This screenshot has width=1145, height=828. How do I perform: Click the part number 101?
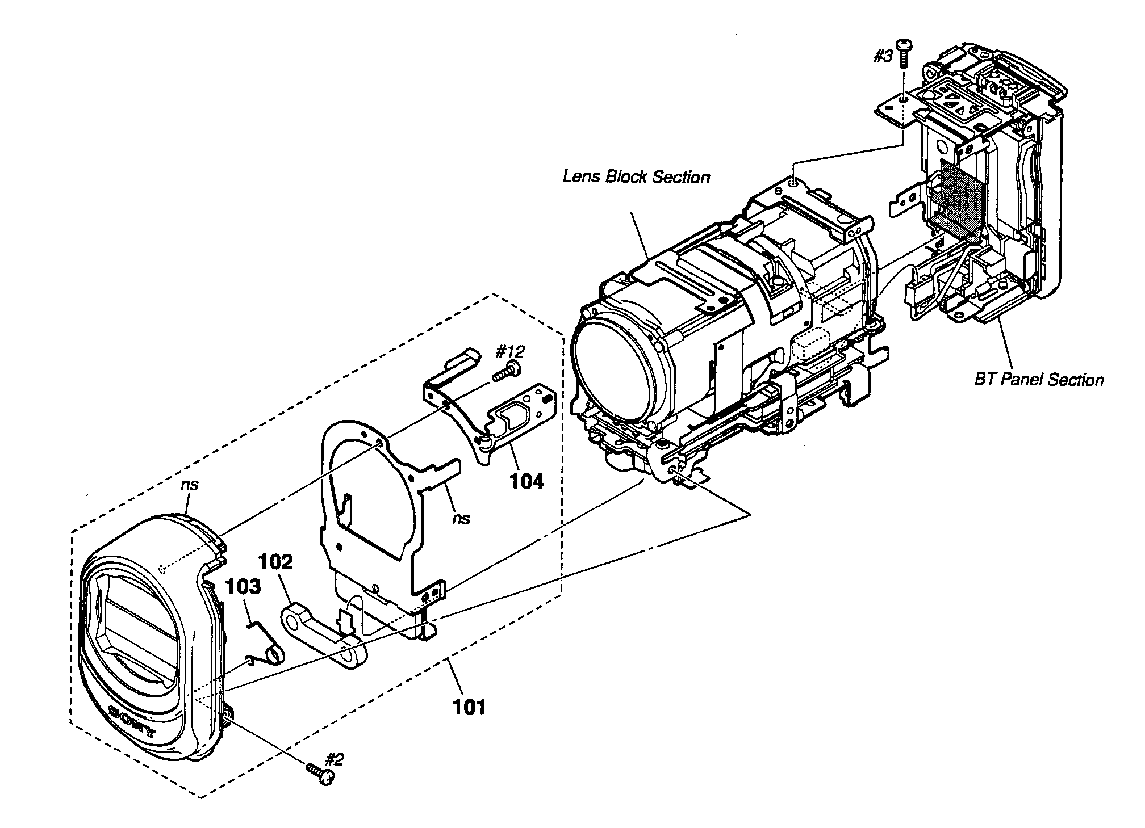click(x=469, y=707)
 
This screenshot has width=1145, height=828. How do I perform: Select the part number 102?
click(x=276, y=562)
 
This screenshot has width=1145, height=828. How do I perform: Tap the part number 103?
click(x=244, y=586)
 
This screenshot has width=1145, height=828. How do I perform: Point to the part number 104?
click(x=526, y=481)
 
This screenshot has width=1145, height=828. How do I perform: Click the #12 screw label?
click(x=509, y=351)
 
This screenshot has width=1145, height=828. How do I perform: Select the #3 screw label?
click(x=883, y=57)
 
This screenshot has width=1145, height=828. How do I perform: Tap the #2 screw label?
click(x=335, y=759)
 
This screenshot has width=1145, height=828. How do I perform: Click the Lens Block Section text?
click(x=636, y=176)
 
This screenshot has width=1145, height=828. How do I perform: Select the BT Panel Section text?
click(x=1039, y=380)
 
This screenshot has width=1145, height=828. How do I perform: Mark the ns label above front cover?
click(x=190, y=485)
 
